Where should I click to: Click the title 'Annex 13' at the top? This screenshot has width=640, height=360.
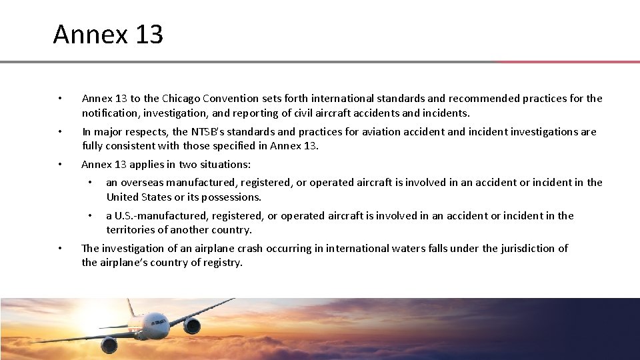coord(108,35)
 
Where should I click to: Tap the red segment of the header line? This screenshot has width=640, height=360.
coord(567,62)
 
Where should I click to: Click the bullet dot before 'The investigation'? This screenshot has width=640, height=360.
coord(60,249)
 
